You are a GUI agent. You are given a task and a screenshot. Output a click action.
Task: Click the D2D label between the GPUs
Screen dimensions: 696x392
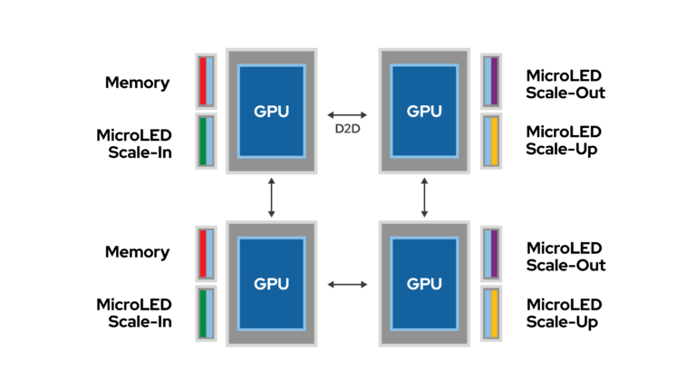tap(347, 129)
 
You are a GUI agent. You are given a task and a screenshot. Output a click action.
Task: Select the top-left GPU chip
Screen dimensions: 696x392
tap(272, 111)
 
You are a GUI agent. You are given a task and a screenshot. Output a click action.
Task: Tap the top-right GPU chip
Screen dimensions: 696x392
tap(424, 111)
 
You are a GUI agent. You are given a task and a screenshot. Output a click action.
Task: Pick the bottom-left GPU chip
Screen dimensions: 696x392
tap(272, 283)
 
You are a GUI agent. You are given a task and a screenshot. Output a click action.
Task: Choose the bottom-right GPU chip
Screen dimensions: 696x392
tap(424, 283)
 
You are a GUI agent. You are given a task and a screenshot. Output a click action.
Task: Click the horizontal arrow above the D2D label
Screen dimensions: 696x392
tap(347, 114)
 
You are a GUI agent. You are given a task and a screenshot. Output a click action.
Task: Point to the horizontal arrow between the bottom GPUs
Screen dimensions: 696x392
tap(347, 284)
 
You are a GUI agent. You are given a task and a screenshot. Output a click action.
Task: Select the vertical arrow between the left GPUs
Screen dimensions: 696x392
tap(272, 198)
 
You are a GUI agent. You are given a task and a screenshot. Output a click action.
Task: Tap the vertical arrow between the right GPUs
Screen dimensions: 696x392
tap(424, 198)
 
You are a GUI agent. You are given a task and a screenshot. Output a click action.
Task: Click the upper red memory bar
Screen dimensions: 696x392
tap(203, 81)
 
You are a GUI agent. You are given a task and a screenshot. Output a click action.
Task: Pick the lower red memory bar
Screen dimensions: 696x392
tap(203, 253)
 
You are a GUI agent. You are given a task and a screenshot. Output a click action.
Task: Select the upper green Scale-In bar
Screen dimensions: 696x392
tap(203, 141)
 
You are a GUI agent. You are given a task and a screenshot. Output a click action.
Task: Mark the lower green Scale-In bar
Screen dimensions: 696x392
tap(203, 313)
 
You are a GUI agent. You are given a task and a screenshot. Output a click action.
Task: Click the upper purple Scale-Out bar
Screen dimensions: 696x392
tap(495, 81)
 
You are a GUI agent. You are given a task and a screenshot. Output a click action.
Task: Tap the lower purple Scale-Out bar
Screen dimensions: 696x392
tap(495, 253)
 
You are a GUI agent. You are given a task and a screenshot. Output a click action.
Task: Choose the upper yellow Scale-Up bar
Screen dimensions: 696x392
tap(495, 141)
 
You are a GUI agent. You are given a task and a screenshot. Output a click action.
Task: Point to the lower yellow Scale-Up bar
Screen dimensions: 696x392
tap(495, 313)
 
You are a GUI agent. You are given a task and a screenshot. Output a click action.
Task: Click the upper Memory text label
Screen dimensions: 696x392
tap(137, 83)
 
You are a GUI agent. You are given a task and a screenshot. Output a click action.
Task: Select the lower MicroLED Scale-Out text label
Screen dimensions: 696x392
tap(565, 257)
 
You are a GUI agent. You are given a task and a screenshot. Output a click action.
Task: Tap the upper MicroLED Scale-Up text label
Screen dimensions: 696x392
tap(564, 141)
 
